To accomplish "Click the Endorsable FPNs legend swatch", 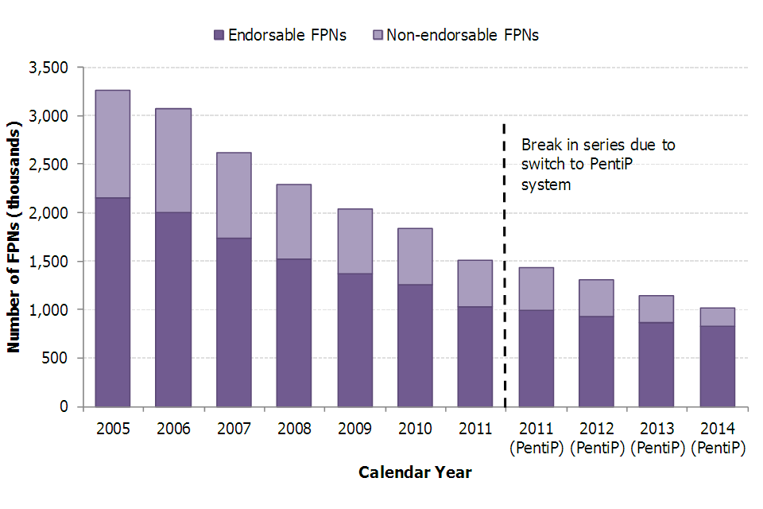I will [x=219, y=35].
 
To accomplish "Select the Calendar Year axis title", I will [x=415, y=472].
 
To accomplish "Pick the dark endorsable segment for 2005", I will [x=113, y=302].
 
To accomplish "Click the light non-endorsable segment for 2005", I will [x=113, y=144].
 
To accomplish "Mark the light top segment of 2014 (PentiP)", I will [x=718, y=317].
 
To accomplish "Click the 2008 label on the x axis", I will [x=294, y=429].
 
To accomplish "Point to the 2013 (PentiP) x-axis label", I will [x=657, y=438].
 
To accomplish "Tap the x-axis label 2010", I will [x=415, y=429].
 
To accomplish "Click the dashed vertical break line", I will [x=505, y=262].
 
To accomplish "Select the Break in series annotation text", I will [x=598, y=165].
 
